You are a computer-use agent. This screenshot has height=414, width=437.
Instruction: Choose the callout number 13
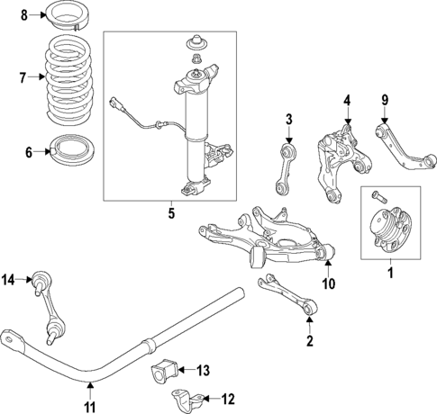coord(204,369)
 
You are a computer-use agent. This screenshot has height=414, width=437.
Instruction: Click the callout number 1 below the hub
coord(390,270)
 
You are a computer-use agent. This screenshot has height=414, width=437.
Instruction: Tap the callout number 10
coord(329,284)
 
